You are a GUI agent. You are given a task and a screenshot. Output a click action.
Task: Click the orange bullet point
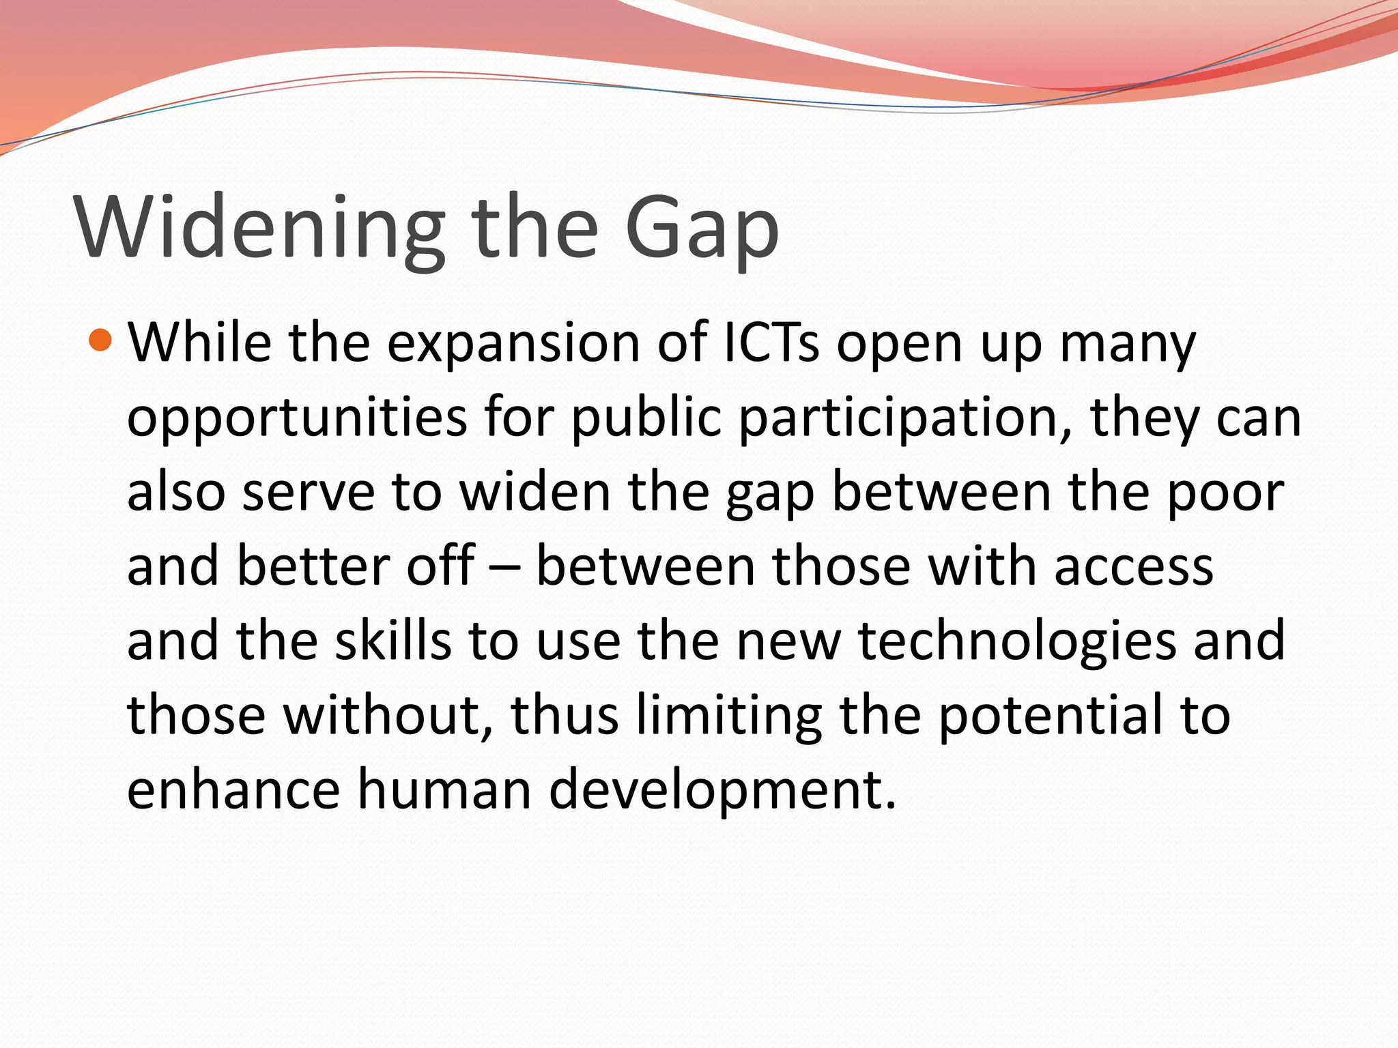(100, 339)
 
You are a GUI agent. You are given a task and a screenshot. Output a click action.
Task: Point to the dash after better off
(505, 568)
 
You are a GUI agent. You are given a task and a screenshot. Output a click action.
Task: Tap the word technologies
(1017, 643)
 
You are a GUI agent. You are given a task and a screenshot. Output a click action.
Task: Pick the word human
(444, 789)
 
